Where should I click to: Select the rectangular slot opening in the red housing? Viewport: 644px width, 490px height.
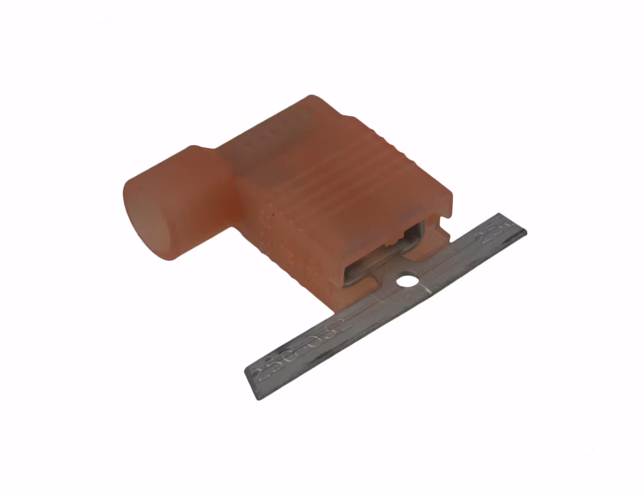385,254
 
